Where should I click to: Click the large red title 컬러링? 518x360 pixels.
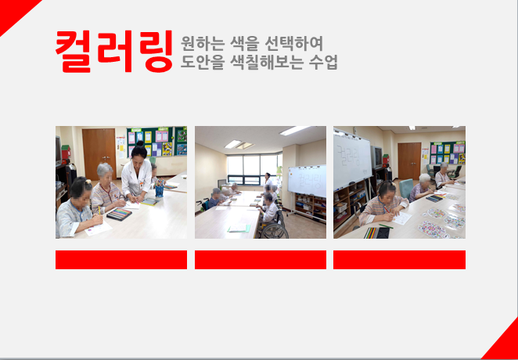tap(114, 51)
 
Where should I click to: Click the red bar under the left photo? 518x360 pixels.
tap(121, 260)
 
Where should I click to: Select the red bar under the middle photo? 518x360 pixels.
tap(261, 260)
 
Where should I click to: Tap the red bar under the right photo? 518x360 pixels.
tap(399, 260)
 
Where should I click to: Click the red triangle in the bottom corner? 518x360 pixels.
tap(505, 344)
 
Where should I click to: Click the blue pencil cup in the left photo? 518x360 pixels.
tap(160, 191)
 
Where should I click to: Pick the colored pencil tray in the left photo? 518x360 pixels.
tap(119, 214)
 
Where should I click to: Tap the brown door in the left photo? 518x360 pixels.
tap(99, 153)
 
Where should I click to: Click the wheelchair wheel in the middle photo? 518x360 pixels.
tap(274, 231)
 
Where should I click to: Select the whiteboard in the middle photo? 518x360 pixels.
tap(307, 181)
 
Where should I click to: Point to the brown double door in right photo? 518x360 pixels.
tap(409, 160)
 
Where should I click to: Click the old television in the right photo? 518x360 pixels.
tap(376, 157)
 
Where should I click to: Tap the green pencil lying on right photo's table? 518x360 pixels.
tap(386, 226)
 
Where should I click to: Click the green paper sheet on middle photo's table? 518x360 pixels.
tap(239, 228)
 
